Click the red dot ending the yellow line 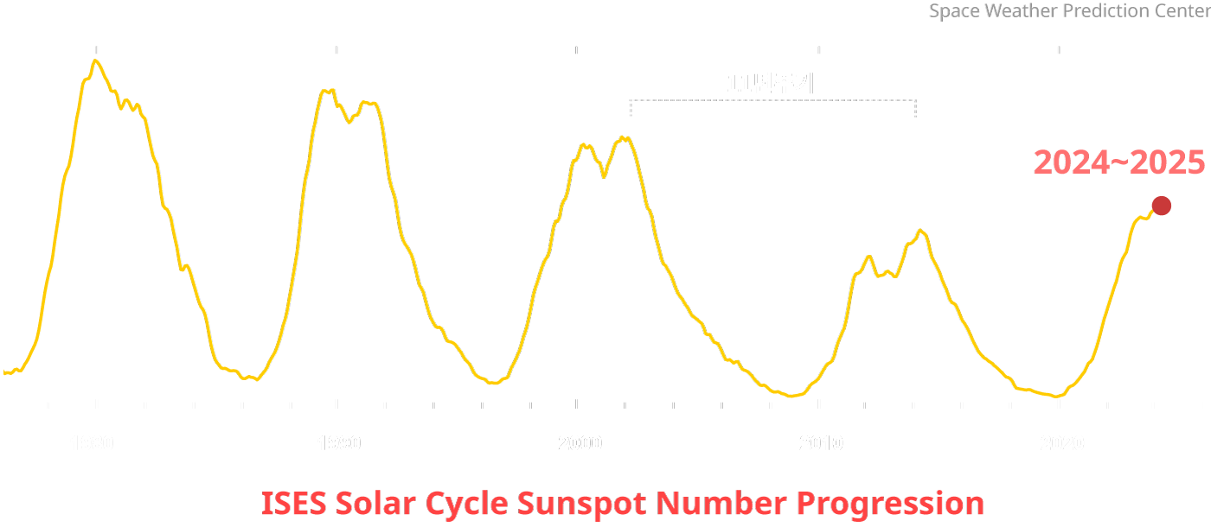pos(1162,206)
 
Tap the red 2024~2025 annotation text pos(1119,162)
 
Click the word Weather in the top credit pos(1013,12)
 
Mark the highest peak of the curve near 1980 pos(95,60)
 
